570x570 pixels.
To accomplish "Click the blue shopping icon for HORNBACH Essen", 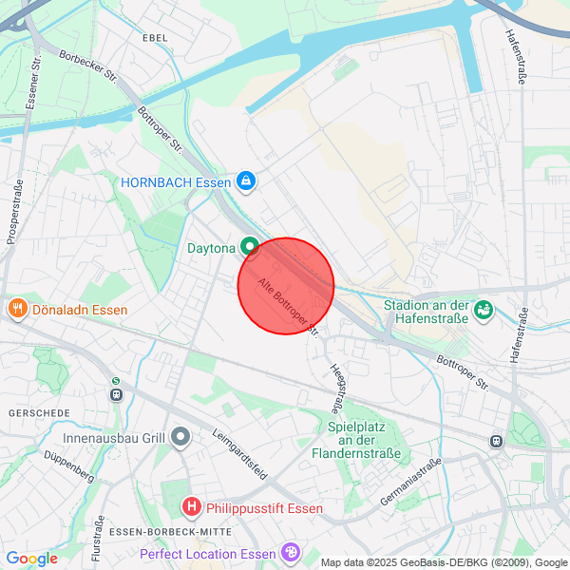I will [x=246, y=180].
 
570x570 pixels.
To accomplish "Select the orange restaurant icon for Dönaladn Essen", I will [x=17, y=309].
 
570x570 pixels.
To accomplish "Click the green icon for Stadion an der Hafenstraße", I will [x=484, y=311].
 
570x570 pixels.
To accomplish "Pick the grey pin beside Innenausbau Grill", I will [x=180, y=438].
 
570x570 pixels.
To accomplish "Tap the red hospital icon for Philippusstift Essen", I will [x=191, y=506].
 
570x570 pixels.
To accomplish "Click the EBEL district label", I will [x=154, y=37].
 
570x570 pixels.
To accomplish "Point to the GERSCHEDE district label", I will [x=39, y=413].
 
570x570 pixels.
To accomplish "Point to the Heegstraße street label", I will [x=335, y=385].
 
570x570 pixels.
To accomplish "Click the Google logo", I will [x=31, y=559].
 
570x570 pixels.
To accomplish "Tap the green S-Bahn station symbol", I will [x=116, y=383].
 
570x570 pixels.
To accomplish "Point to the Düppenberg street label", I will [x=68, y=465].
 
